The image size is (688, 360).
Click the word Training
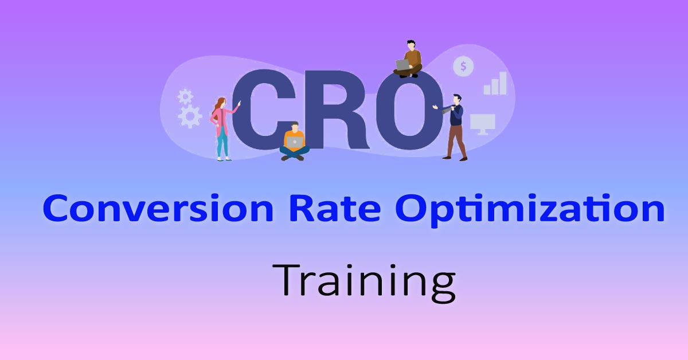(363, 281)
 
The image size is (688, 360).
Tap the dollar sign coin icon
(463, 67)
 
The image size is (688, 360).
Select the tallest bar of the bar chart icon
(503, 83)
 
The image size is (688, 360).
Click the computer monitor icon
(482, 123)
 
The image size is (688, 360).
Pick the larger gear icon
(190, 116)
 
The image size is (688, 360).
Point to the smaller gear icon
(185, 95)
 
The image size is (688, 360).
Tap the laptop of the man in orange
(295, 142)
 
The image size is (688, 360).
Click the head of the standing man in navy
(456, 99)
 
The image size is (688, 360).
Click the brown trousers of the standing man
(456, 141)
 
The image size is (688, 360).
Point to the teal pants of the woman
(222, 143)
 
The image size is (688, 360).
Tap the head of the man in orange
(295, 126)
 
